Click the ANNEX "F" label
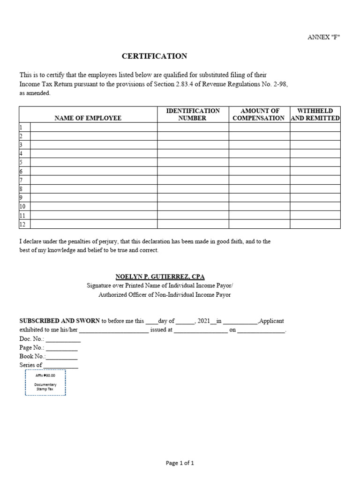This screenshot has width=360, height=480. [x=323, y=37]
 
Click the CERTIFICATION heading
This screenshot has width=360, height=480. [x=154, y=56]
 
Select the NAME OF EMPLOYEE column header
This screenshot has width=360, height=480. [x=88, y=118]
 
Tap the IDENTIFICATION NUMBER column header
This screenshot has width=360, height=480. [x=193, y=114]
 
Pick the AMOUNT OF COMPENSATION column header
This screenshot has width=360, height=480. [x=259, y=114]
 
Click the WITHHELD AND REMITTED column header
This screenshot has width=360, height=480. [x=315, y=114]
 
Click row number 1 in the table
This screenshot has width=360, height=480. [x=21, y=127]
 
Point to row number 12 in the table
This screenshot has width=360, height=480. [x=22, y=225]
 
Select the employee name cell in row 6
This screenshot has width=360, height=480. [x=94, y=172]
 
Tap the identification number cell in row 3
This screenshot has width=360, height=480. [x=193, y=145]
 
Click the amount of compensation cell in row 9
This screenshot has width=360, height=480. [x=259, y=198]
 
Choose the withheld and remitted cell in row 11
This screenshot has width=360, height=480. [x=315, y=216]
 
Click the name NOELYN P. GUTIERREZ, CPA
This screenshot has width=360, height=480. [x=160, y=277]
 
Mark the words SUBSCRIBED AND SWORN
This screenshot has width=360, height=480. [x=60, y=321]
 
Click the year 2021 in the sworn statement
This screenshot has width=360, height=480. [x=204, y=321]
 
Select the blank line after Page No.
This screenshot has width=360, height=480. [x=62, y=348]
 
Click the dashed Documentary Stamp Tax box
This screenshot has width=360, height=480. [x=45, y=382]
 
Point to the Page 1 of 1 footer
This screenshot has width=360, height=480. [x=180, y=463]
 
